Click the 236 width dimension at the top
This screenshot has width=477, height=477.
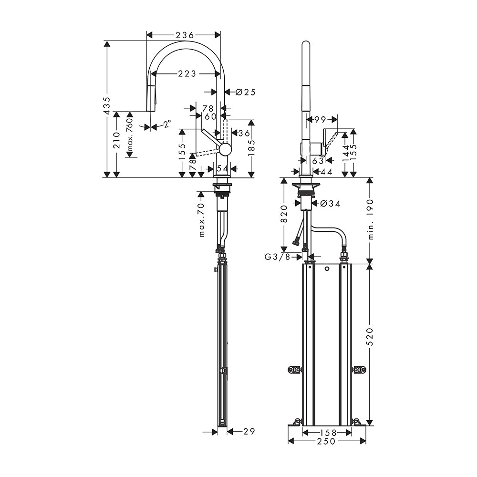click(x=184, y=35)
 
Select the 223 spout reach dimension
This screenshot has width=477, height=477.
click(x=187, y=73)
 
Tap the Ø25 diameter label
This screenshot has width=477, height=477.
click(x=245, y=92)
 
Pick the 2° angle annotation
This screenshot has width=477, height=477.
click(x=167, y=124)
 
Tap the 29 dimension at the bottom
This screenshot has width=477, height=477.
click(x=248, y=432)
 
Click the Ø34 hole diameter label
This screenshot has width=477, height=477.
click(x=330, y=204)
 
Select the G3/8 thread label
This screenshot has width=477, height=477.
click(x=278, y=257)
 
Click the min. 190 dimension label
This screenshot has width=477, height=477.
click(x=371, y=219)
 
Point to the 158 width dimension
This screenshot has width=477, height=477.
click(x=327, y=432)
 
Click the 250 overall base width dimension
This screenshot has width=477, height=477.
click(x=327, y=441)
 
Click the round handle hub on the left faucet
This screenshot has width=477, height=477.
click(x=225, y=149)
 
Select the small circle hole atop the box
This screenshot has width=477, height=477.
click(x=327, y=270)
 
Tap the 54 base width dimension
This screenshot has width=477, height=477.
click(x=222, y=168)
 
